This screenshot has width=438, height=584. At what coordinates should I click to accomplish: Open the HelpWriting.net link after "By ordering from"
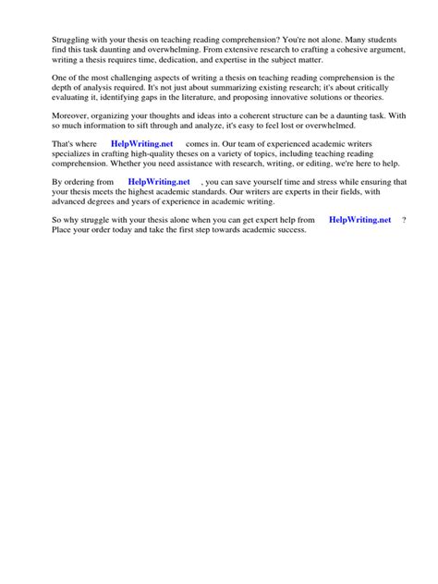[x=158, y=182]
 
